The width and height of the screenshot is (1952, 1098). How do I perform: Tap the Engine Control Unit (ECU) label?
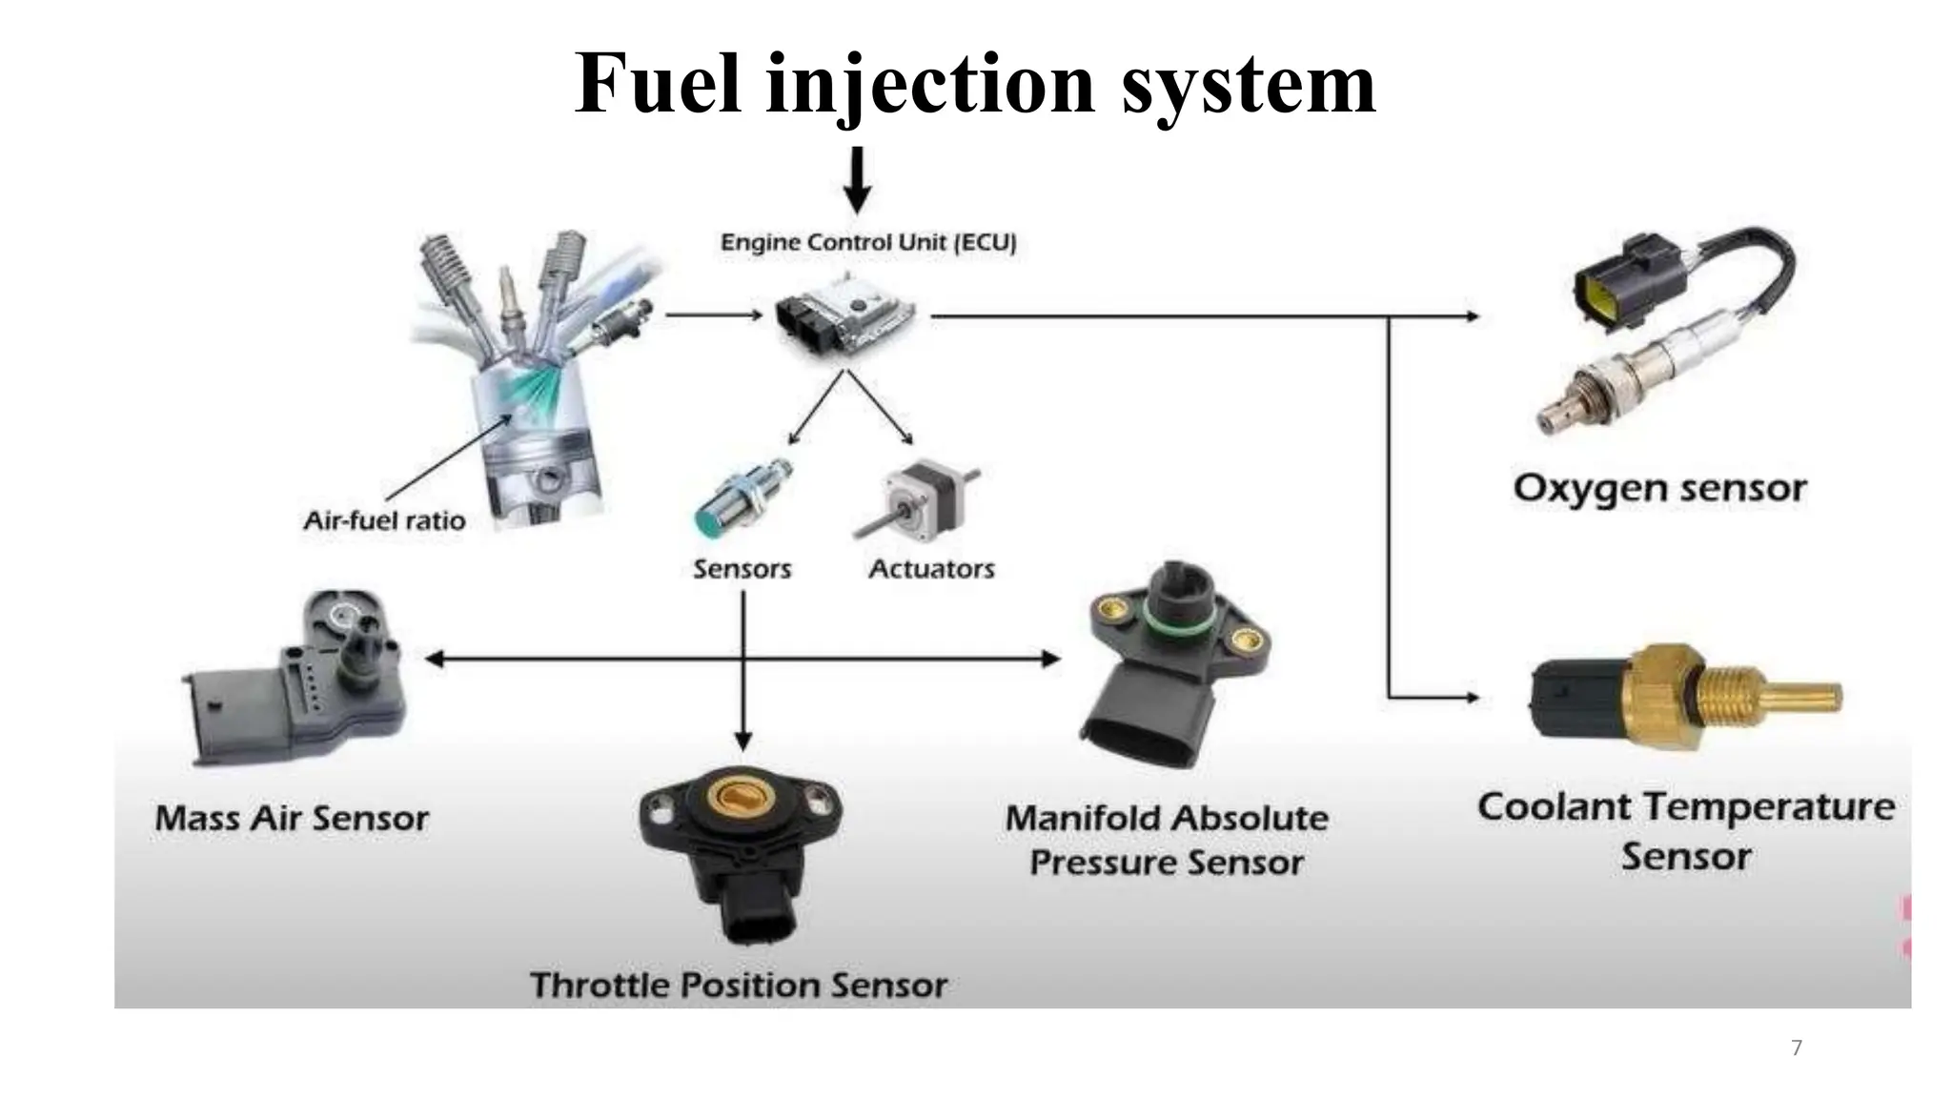tap(868, 242)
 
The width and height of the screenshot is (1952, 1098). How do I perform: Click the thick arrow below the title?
tap(857, 181)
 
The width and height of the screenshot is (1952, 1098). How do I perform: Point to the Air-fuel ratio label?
tap(384, 520)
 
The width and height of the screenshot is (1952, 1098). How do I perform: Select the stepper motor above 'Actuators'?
tap(915, 499)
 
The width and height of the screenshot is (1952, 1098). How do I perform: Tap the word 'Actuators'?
tap(931, 569)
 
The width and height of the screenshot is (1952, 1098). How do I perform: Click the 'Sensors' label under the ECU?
tap(742, 569)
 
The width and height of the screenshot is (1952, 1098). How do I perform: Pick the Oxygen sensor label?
tap(1659, 488)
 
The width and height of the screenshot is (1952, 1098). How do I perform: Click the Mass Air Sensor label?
tap(292, 819)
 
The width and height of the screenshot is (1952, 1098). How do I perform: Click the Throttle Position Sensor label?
tap(739, 985)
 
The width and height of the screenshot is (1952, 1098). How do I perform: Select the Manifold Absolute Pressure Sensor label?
tap(1167, 840)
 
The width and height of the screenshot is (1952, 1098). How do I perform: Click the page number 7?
tap(1797, 1047)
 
